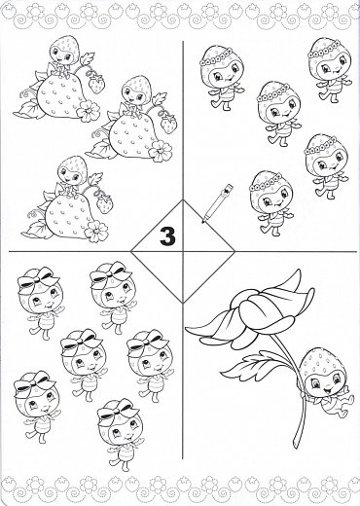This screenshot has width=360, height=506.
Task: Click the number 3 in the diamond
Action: (x=167, y=237)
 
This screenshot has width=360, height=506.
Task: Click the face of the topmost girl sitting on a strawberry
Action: (x=65, y=62)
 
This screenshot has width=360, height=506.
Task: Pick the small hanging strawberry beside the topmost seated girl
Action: (x=97, y=83)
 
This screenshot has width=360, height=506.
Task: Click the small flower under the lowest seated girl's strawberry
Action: (x=95, y=230)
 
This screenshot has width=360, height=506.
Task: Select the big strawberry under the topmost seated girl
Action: (x=56, y=96)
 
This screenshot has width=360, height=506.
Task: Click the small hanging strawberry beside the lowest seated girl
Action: (x=104, y=203)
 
